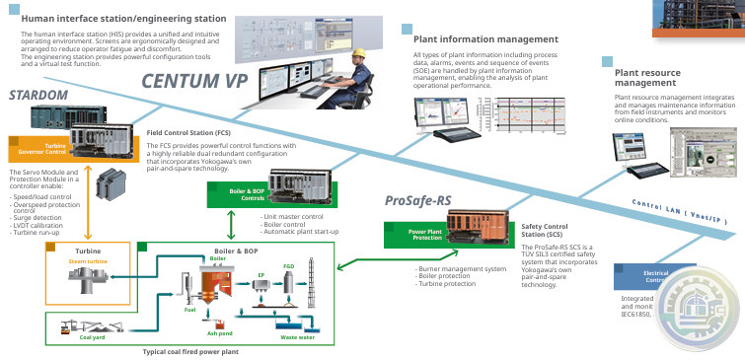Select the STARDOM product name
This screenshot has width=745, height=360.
tap(38, 96)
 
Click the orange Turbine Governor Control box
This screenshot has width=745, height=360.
tap(42, 148)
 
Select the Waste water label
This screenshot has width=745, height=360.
tap(297, 337)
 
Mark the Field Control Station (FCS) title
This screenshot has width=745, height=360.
tap(188, 131)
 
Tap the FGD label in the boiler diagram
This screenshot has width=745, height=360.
tap(289, 266)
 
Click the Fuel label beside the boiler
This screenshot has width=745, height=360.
tap(189, 310)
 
